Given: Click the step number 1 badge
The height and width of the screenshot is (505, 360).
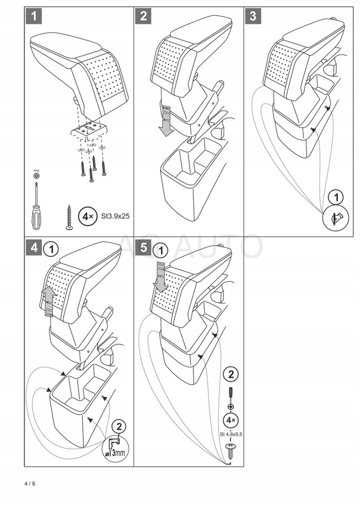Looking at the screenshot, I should click(34, 16).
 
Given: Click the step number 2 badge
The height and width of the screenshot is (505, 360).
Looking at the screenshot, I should click(144, 16).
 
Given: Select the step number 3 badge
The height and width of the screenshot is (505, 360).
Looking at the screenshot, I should click(253, 16).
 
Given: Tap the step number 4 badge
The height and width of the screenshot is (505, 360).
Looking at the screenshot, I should click(34, 248).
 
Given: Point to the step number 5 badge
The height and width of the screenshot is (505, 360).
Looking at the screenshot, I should click(144, 248).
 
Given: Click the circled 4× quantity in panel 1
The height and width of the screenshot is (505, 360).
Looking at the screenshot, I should click(88, 216).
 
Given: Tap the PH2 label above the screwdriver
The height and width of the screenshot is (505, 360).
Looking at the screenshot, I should click(36, 170).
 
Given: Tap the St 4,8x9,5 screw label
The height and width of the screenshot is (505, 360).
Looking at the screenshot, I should click(231, 434).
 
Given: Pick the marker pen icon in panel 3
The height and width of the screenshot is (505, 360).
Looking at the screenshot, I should click(335, 217).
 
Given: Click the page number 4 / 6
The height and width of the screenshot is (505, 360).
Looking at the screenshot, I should click(30, 483).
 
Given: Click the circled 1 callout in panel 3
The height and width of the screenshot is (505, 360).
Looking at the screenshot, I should click(336, 197).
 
